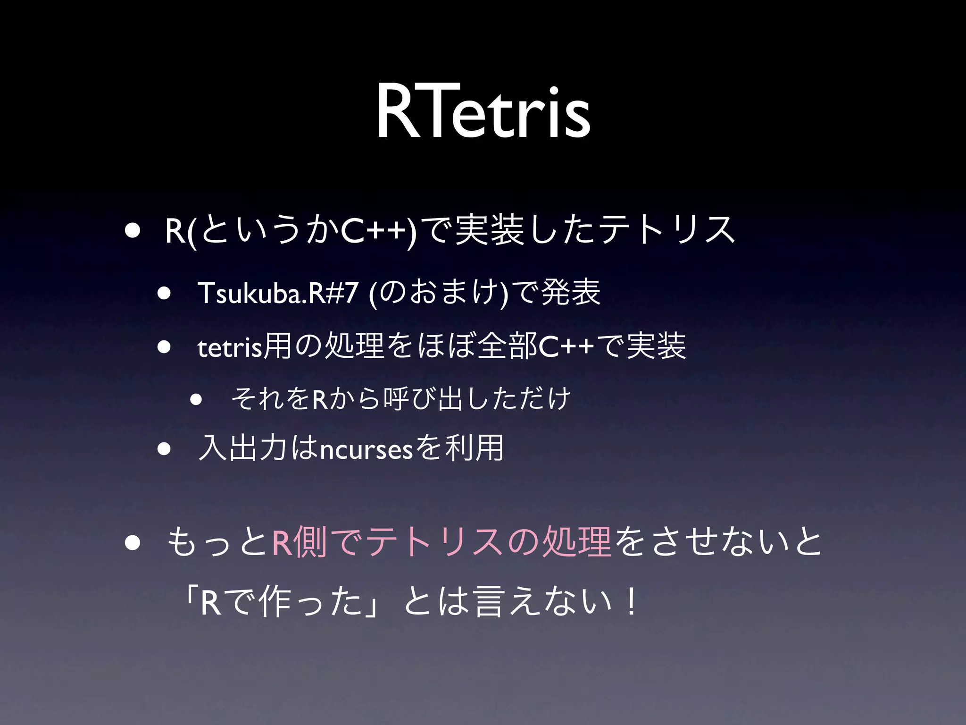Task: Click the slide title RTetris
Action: coord(483,112)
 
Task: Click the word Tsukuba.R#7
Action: coord(278,293)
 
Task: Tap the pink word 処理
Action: coord(576,542)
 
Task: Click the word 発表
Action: coord(571,292)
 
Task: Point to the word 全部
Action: coord(508,347)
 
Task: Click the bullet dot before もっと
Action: coord(133,543)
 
